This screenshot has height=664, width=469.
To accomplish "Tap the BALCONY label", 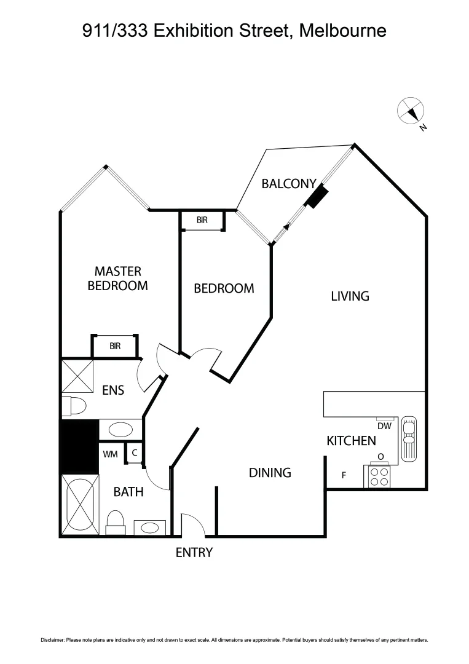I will pyautogui.click(x=289, y=183).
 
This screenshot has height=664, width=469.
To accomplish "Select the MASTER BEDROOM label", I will pyautogui.click(x=117, y=279).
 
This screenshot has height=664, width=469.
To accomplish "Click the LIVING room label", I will pyautogui.click(x=350, y=296).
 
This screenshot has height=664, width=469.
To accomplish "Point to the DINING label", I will pyautogui.click(x=270, y=472).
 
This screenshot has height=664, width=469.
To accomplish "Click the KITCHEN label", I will pyautogui.click(x=351, y=440).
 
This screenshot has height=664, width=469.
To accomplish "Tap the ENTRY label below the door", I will pyautogui.click(x=194, y=552).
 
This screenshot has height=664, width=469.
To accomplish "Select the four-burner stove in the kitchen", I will pyautogui.click(x=379, y=477).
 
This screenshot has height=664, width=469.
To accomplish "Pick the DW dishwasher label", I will pyautogui.click(x=384, y=425).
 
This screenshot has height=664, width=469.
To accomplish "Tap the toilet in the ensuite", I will pyautogui.click(x=74, y=406).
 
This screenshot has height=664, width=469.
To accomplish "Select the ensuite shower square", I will pyautogui.click(x=77, y=376).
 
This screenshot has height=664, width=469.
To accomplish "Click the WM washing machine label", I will pyautogui.click(x=111, y=454).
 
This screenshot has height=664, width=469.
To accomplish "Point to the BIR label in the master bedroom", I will pyautogui.click(x=115, y=346).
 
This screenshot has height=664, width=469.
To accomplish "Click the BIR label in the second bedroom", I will pyautogui.click(x=202, y=220).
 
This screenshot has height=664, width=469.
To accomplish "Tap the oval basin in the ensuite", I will pyautogui.click(x=120, y=429).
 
